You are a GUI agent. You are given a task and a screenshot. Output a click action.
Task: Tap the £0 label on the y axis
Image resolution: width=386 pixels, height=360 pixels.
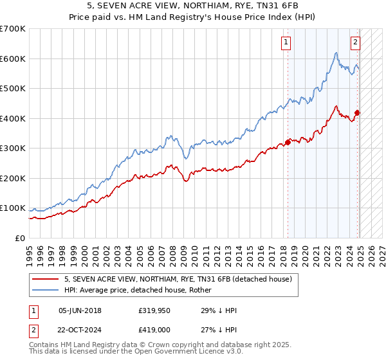pyautogui.click(x=21, y=238)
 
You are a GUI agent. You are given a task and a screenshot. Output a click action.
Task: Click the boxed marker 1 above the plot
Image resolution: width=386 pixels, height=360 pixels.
pyautogui.click(x=285, y=43)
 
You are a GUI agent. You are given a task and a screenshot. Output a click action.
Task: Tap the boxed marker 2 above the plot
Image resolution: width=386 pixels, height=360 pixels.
pyautogui.click(x=355, y=43)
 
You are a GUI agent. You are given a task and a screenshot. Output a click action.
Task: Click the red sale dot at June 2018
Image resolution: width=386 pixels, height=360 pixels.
pyautogui.click(x=288, y=143)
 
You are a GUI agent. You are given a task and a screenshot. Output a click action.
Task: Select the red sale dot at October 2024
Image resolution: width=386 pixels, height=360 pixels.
pyautogui.click(x=358, y=113)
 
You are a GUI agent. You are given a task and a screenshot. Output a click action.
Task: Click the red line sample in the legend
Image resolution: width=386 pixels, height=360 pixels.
pyautogui.click(x=46, y=279)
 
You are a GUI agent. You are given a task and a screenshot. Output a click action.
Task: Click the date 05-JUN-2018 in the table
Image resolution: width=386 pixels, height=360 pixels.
pyautogui.click(x=80, y=310)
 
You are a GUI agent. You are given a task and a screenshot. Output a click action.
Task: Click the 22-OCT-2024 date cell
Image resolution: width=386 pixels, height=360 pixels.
pyautogui.click(x=80, y=328)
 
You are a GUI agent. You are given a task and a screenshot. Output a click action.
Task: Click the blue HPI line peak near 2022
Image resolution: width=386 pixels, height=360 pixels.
pyautogui.click(x=336, y=53)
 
